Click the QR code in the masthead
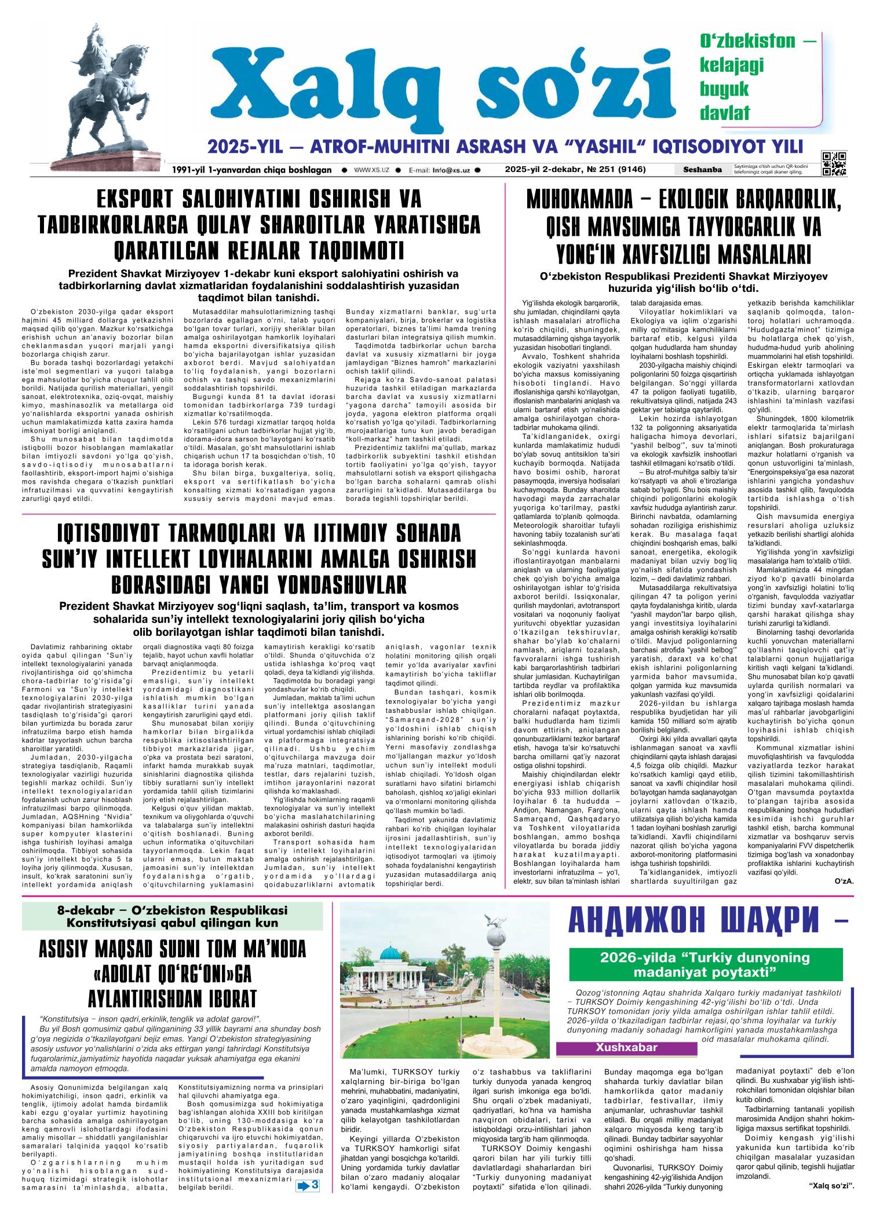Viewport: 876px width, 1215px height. [x=834, y=163]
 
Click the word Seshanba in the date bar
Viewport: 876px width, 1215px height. [x=702, y=170]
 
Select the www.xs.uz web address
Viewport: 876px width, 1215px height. [x=371, y=170]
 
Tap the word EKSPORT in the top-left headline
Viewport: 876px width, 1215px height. [x=134, y=199]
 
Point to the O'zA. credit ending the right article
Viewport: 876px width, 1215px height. [x=844, y=882]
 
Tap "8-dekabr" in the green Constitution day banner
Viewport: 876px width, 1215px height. [x=82, y=910]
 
